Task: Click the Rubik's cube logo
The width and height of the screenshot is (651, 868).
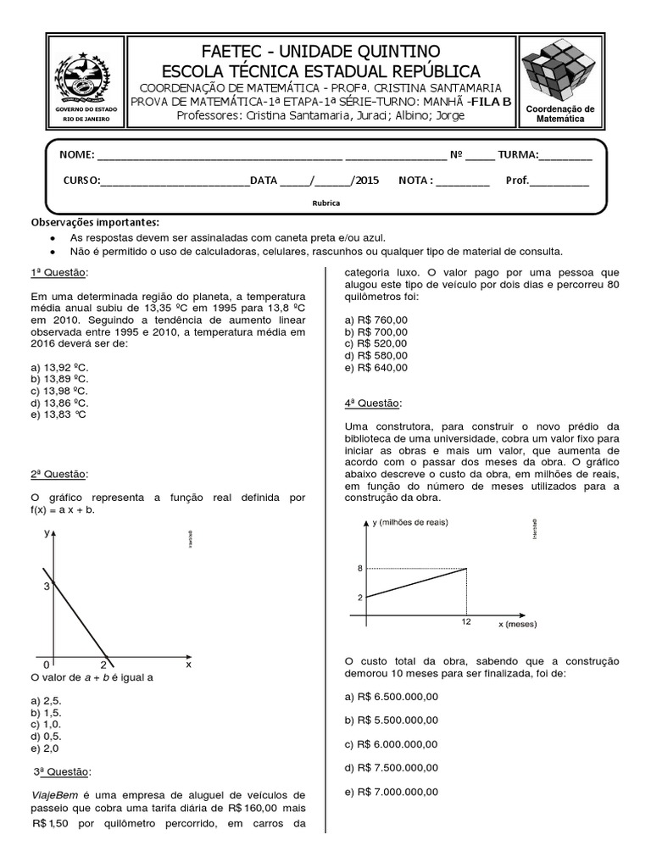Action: tap(560, 70)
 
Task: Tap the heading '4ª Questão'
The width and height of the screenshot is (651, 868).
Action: tap(374, 403)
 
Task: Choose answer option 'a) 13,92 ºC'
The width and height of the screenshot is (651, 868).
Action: tap(59, 367)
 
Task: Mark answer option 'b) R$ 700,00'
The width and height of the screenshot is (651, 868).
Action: tap(376, 331)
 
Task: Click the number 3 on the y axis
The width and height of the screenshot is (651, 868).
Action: tap(47, 586)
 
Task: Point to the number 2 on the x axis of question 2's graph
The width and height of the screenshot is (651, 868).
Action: tap(103, 664)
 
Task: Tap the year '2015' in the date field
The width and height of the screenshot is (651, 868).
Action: tap(367, 181)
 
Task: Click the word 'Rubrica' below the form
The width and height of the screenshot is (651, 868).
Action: tap(325, 203)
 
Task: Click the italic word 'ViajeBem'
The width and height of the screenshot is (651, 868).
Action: tap(53, 796)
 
